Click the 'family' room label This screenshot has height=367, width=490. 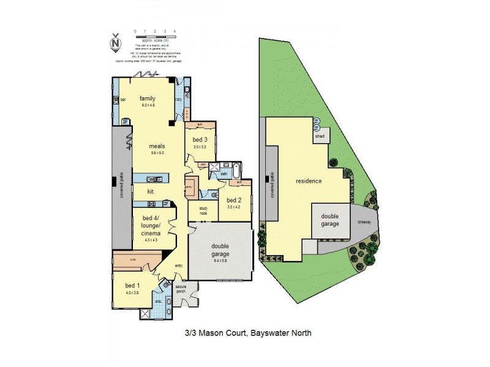coord(148,98)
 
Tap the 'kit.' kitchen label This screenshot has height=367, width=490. coord(150,191)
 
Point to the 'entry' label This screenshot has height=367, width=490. coord(179,265)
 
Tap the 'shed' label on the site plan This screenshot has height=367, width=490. coord(320,137)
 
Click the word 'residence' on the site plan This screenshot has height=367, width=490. coord(309,181)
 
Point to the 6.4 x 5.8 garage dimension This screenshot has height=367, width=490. coord(219,261)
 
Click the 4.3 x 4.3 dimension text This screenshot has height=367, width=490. coord(151,239)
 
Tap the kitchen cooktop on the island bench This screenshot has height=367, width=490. coord(156,179)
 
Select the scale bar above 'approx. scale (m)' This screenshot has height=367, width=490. coord(155,35)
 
